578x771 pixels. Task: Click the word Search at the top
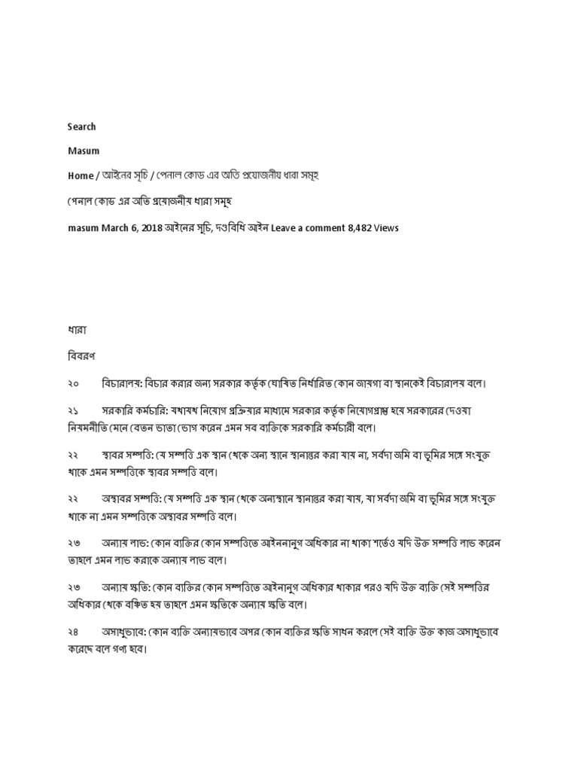coord(81,126)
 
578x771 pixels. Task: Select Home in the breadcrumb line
coord(81,175)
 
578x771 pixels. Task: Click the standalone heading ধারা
coord(78,329)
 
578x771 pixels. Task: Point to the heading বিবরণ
coord(82,354)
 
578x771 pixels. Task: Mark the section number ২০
coord(73,383)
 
